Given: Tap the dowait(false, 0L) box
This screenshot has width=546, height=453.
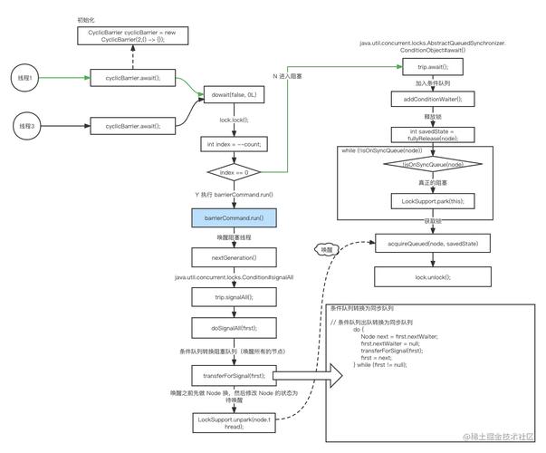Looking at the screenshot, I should (232, 93).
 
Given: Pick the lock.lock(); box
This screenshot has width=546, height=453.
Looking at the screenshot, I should (232, 119).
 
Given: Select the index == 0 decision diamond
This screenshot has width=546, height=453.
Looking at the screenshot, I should (232, 170).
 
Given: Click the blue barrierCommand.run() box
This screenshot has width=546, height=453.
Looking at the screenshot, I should (232, 218).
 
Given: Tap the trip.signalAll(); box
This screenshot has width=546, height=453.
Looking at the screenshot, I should (232, 296).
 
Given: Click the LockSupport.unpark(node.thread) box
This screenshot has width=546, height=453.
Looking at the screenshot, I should (232, 420).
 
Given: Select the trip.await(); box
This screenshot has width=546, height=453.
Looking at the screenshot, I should (426, 67).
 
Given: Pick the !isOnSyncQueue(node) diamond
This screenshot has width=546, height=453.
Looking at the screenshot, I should (426, 164).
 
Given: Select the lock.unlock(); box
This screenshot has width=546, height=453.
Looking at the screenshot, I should (426, 276).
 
